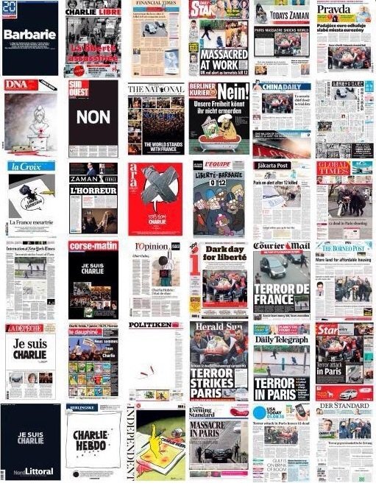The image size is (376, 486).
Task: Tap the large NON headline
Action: pos(93,116)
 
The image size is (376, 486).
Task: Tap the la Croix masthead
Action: pos(26,166)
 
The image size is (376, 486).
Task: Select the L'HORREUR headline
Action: pos(93,190)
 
